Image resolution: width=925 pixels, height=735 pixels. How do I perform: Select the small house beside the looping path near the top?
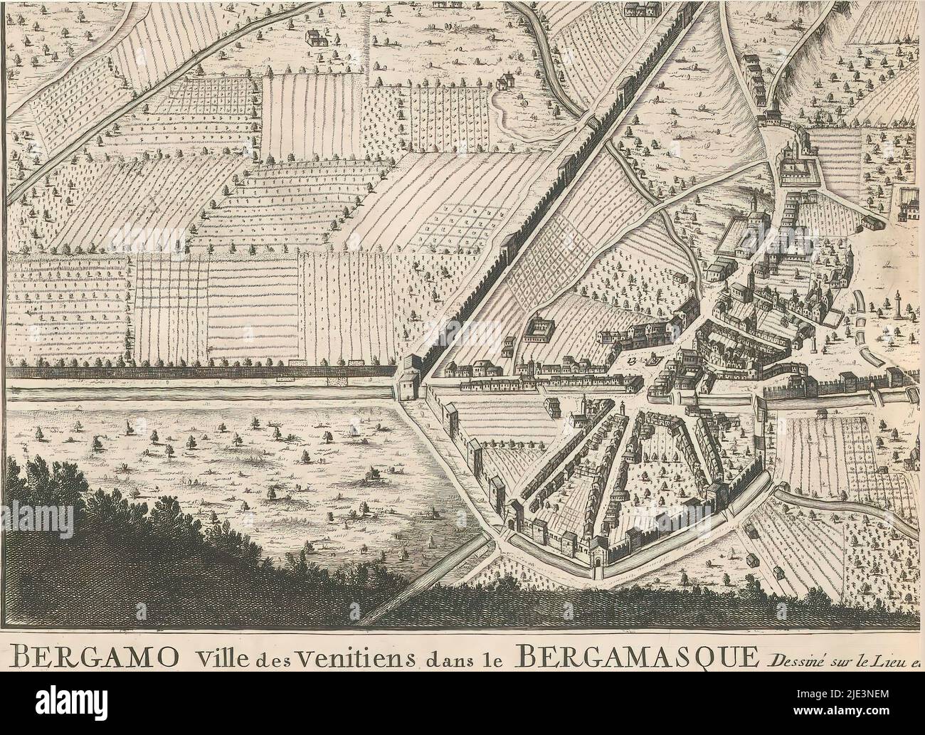point(507,80)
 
